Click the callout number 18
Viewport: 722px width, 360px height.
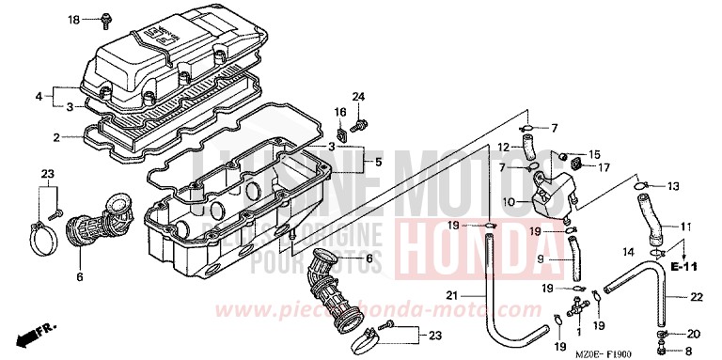74,19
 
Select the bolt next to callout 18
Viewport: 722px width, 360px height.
105,17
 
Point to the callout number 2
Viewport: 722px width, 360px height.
56,137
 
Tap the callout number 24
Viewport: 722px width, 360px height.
357,98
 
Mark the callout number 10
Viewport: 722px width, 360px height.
509,200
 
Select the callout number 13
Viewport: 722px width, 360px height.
672,186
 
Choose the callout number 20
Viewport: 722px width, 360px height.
694,334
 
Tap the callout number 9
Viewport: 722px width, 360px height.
541,258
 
